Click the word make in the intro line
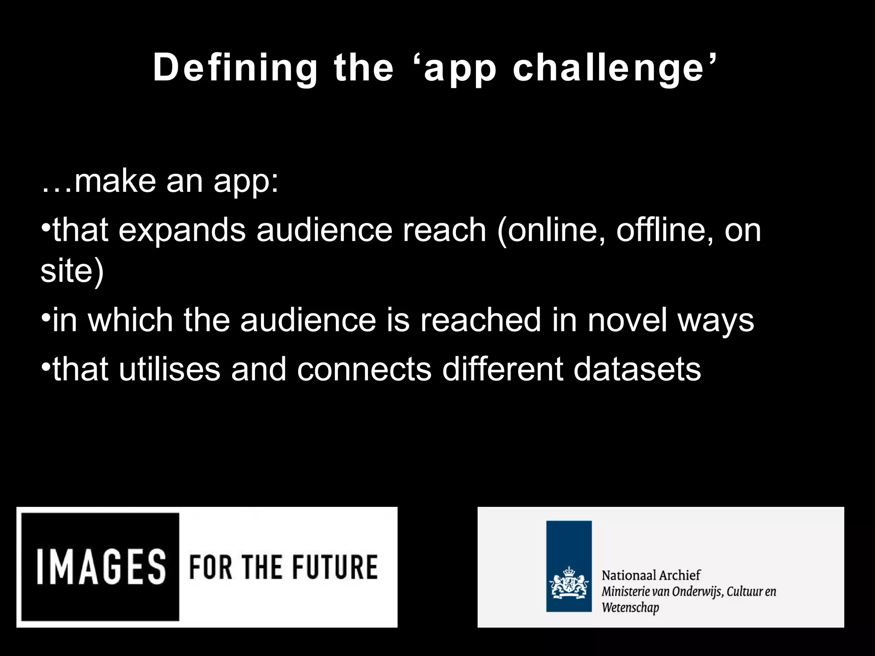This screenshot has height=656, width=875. click(x=115, y=181)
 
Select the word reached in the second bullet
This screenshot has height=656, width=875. click(x=481, y=320)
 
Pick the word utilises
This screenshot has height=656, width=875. click(x=169, y=369)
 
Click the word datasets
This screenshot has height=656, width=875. click(x=637, y=369)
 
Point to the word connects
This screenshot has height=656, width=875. click(x=364, y=369)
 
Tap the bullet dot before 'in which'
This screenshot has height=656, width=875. click(x=46, y=318)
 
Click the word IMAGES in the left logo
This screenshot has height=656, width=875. click(x=101, y=567)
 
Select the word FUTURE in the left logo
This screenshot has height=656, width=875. click(x=335, y=567)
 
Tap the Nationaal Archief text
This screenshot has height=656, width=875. click(x=651, y=575)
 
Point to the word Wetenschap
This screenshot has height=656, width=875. click(x=630, y=608)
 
